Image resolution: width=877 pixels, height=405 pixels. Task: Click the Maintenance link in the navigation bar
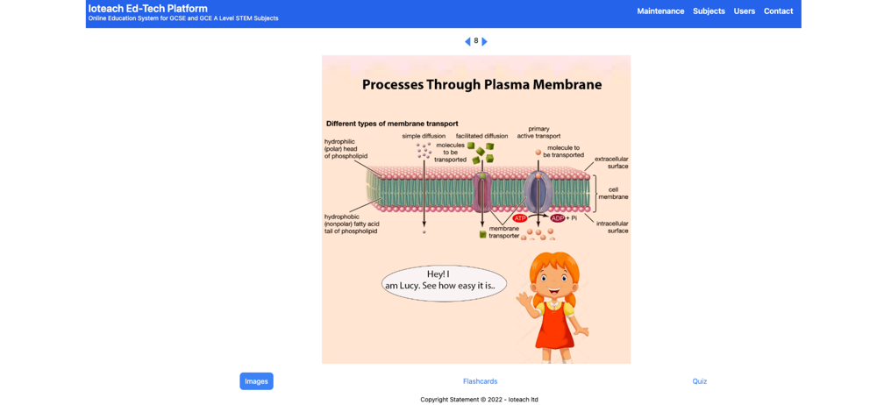pos(660,11)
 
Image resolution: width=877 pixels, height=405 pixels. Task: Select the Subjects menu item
pos(709,11)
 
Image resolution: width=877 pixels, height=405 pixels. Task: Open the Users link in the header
pos(745,11)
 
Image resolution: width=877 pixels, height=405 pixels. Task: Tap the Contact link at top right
pos(778,11)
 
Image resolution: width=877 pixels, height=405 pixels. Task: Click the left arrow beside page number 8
pos(467,41)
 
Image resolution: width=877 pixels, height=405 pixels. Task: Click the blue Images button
pos(256,381)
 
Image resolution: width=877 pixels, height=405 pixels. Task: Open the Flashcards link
pos(480,381)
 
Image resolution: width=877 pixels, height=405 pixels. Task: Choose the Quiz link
pos(699,381)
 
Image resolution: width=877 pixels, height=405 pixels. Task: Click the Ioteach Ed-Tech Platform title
pos(147,9)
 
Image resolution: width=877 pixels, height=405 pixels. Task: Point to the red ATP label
pos(520,218)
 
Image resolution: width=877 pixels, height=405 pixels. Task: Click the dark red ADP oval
pos(558,218)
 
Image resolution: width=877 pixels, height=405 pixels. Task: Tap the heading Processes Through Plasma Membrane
pos(481,85)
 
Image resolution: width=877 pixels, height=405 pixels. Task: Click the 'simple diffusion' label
pos(424,136)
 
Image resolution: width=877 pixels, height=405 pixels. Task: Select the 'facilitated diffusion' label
pos(481,136)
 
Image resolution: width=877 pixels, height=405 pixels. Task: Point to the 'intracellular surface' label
pos(611,227)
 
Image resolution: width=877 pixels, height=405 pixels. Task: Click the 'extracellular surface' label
pos(611,162)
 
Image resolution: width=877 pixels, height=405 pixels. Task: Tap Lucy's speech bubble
pos(444,283)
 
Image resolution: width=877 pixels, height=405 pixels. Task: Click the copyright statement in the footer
pos(479,400)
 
